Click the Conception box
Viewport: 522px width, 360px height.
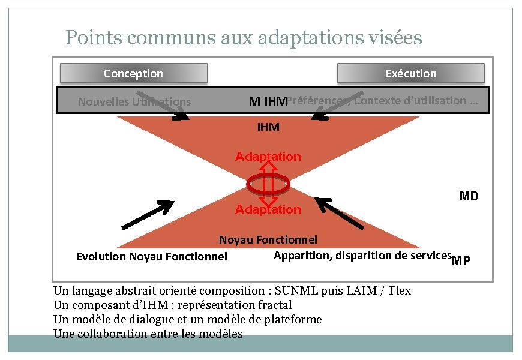tap(133, 73)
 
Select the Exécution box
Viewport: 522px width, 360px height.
tap(410, 73)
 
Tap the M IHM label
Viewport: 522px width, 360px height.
tap(268, 101)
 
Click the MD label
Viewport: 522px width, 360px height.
tap(469, 196)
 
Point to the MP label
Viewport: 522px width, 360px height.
tap(461, 260)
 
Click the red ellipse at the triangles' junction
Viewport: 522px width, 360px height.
tap(268, 183)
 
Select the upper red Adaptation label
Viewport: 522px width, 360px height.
tap(268, 157)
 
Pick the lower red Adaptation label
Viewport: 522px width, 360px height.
tap(268, 209)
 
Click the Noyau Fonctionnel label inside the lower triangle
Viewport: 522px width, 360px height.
tap(268, 240)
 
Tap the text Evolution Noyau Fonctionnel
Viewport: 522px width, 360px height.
tap(152, 257)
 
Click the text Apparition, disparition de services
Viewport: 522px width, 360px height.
tap(362, 255)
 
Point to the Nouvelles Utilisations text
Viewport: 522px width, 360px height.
tap(134, 102)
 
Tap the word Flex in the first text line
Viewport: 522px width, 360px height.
tap(400, 291)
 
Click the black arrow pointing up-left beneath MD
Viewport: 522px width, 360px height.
tap(340, 213)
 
